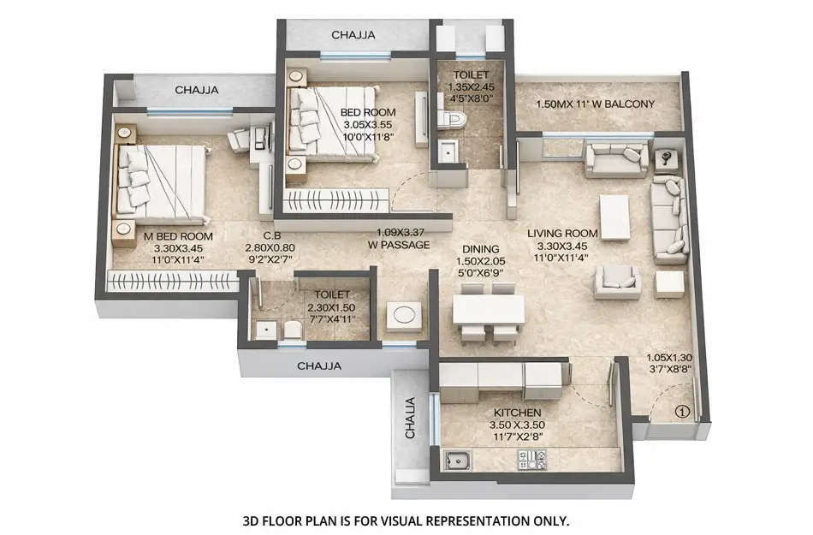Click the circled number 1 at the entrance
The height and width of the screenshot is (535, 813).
(681, 410)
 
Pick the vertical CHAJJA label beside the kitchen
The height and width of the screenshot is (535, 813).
(410, 418)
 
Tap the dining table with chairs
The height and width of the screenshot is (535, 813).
(489, 310)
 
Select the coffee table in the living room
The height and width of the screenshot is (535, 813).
(614, 217)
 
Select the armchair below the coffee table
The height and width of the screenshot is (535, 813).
(618, 280)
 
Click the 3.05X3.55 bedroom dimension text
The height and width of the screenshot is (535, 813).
(368, 124)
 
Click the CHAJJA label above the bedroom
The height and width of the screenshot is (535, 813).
(353, 35)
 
